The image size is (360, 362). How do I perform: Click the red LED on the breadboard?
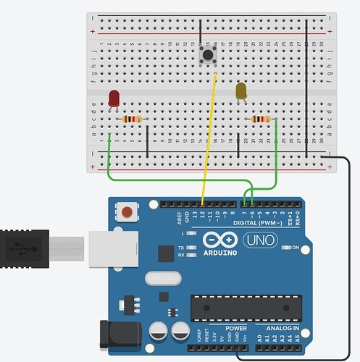click(114, 98)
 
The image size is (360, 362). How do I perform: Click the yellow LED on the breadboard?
click(241, 91)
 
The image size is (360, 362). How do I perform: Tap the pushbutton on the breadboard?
click(209, 53)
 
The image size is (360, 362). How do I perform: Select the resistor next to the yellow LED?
click(260, 119)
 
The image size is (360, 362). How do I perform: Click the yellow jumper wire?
click(209, 138)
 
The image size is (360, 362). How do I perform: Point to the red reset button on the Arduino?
click(127, 213)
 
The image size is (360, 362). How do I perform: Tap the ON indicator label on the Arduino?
click(295, 248)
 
